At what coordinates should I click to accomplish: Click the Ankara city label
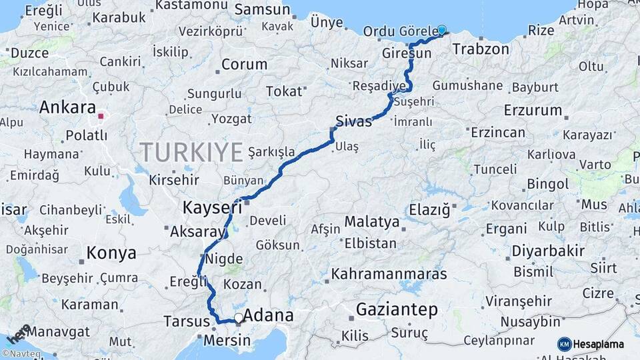coord(67,107)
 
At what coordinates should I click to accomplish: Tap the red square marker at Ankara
coord(101,116)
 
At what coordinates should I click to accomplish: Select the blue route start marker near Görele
coord(441,29)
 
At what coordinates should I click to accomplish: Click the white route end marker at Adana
coord(239,318)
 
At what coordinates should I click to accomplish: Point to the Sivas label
coord(353,121)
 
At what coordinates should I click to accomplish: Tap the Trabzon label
coord(480,49)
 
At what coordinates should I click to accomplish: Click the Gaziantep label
coord(397,309)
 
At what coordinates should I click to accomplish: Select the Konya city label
coord(111,253)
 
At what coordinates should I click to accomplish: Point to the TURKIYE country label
coord(191,153)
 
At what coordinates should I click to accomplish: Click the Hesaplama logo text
coord(599,345)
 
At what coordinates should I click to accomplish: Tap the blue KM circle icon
coord(565,345)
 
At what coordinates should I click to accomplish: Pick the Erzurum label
coord(533,109)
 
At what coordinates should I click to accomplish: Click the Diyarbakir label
coord(549,251)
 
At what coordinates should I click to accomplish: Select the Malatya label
coord(372,221)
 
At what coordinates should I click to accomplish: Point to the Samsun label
coord(263,10)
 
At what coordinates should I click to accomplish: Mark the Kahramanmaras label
coord(389,273)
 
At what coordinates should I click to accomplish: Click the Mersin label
coord(228,341)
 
